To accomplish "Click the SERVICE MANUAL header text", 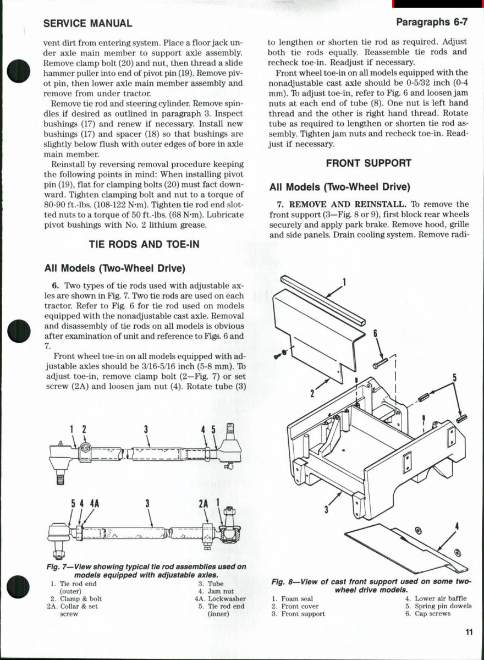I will pyautogui.click(x=87, y=24).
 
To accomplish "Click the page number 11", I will pyautogui.click(x=468, y=632).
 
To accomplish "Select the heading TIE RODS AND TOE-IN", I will pyautogui.click(x=145, y=244).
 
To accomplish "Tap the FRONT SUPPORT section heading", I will pyautogui.click(x=368, y=163).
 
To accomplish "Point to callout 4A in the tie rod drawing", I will pyautogui.click(x=94, y=503).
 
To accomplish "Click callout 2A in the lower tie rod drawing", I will pyautogui.click(x=203, y=503).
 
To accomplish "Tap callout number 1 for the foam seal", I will pyautogui.click(x=344, y=283).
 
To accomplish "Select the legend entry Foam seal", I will pyautogui.click(x=296, y=598).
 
